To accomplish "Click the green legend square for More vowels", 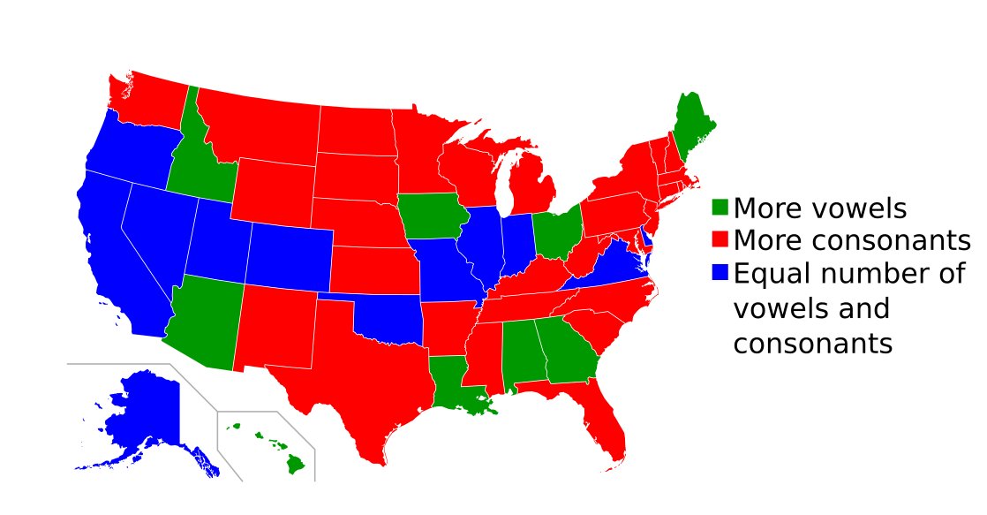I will tap(720, 208).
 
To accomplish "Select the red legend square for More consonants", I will tap(720, 239).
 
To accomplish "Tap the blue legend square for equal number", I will tap(720, 273).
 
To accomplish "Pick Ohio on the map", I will tap(557, 231).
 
